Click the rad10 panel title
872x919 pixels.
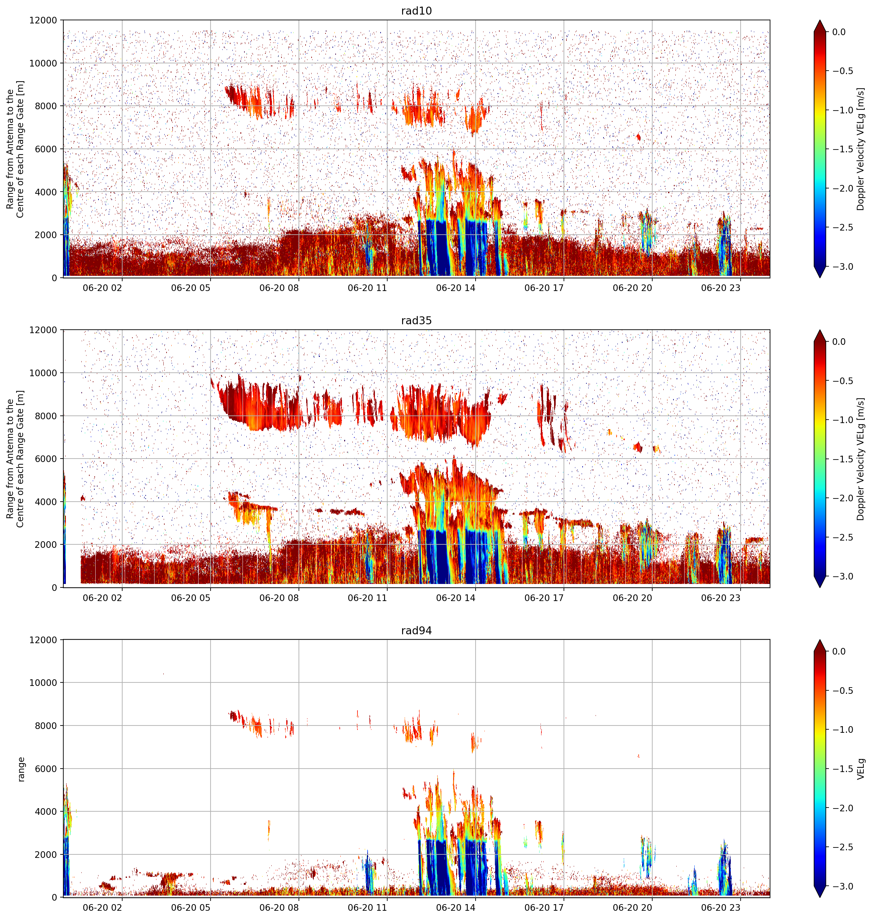click(416, 11)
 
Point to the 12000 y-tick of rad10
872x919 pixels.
click(43, 21)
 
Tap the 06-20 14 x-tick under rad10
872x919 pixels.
click(456, 288)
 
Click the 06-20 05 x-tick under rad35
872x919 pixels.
click(191, 598)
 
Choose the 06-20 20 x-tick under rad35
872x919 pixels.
click(632, 598)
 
